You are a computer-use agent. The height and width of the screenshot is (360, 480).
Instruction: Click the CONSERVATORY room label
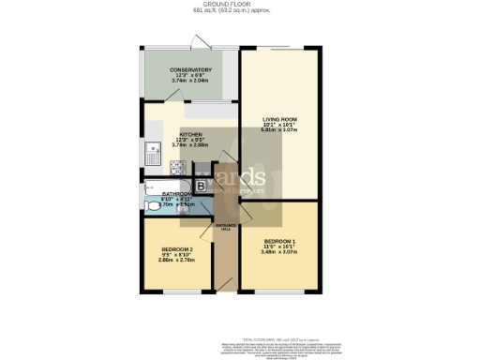click(x=190, y=70)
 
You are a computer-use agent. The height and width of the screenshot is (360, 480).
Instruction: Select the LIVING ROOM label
click(x=279, y=119)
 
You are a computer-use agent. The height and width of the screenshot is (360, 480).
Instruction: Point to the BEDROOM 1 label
click(x=279, y=239)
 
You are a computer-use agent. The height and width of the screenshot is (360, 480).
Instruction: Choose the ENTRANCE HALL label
click(x=226, y=227)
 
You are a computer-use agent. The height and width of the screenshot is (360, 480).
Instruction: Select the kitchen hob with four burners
click(x=178, y=169)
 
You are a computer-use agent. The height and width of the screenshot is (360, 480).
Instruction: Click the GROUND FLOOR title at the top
click(x=240, y=5)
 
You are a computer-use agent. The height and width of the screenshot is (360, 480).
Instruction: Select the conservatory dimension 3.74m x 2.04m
click(x=190, y=82)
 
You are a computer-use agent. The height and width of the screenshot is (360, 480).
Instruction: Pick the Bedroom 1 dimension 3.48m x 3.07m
click(x=279, y=250)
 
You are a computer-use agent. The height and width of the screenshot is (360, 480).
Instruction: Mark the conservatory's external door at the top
click(x=199, y=41)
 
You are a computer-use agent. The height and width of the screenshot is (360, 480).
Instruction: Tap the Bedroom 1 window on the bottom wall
click(x=278, y=292)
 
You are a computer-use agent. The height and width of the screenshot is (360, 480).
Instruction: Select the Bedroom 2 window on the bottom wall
click(x=178, y=292)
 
